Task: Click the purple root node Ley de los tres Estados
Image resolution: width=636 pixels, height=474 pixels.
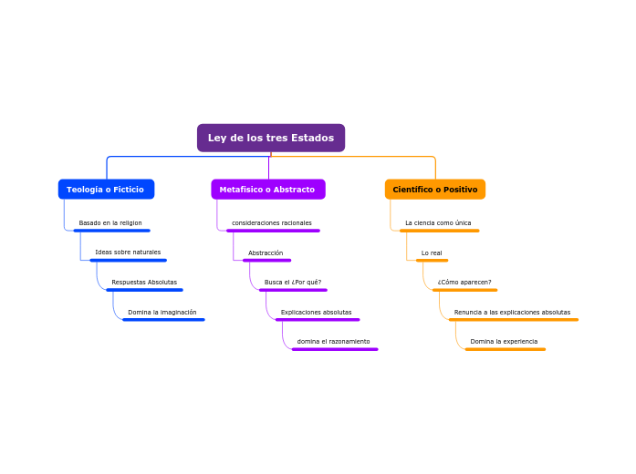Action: click(x=271, y=138)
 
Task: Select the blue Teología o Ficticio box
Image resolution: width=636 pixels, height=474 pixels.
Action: click(x=106, y=190)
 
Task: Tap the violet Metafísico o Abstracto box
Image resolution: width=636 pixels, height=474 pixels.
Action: click(x=267, y=190)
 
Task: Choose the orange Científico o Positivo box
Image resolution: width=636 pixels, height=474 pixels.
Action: click(x=435, y=190)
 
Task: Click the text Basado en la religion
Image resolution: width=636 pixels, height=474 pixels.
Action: click(x=110, y=223)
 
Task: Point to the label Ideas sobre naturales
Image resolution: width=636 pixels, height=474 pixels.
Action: click(x=128, y=252)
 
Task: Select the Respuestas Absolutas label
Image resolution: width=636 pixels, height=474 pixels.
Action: click(x=144, y=283)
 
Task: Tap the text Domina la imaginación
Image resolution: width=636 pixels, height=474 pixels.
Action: click(x=162, y=313)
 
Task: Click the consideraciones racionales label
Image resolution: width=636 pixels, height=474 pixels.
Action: click(x=272, y=223)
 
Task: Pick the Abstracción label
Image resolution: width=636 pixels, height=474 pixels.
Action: click(x=266, y=253)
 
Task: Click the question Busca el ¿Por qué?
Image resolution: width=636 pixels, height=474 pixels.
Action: click(x=293, y=283)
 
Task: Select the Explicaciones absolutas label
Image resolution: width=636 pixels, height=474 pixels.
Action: click(x=316, y=313)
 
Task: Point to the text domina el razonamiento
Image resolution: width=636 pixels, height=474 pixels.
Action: click(x=334, y=342)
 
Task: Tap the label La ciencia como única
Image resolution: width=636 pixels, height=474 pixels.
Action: click(x=438, y=223)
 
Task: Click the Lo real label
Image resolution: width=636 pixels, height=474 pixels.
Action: click(x=432, y=253)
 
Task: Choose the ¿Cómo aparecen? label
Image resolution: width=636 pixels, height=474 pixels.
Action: click(x=464, y=283)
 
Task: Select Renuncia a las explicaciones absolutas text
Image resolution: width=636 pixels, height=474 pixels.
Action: click(x=512, y=313)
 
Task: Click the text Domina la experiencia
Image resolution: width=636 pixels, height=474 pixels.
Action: click(x=504, y=342)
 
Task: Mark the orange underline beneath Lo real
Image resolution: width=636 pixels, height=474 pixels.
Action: click(x=432, y=261)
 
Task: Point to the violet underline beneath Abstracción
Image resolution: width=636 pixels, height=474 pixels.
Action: click(x=266, y=261)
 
